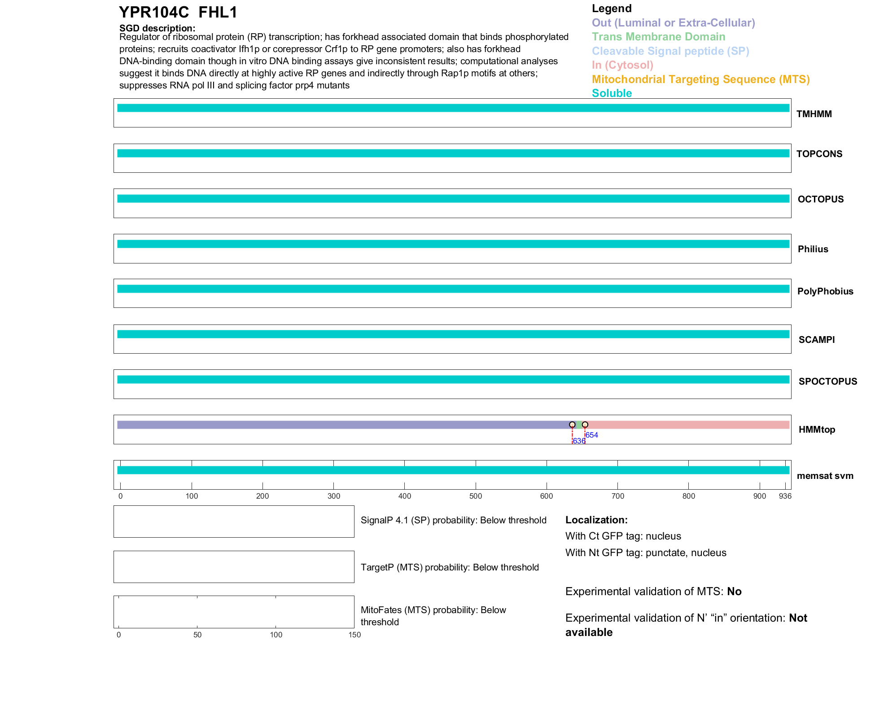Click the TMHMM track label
[x=814, y=114]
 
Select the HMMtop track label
[x=817, y=430]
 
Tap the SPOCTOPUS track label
[x=827, y=382]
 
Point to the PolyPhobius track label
[x=825, y=291]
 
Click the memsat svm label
[x=825, y=476]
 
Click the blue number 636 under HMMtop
[x=579, y=441]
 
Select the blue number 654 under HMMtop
[x=591, y=435]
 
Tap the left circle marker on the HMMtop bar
[x=572, y=425]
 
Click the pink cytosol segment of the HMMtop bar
[x=687, y=425]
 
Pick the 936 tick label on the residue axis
[x=785, y=496]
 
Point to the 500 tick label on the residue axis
[x=476, y=496]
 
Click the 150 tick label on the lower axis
[x=354, y=635]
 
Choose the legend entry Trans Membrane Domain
[x=658, y=37]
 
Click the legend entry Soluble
[x=612, y=93]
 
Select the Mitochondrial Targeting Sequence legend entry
[x=700, y=79]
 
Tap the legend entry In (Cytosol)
[x=622, y=65]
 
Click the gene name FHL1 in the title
[x=218, y=13]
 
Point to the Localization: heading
[x=596, y=520]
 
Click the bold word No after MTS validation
[x=734, y=592]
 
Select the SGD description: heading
[x=157, y=28]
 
